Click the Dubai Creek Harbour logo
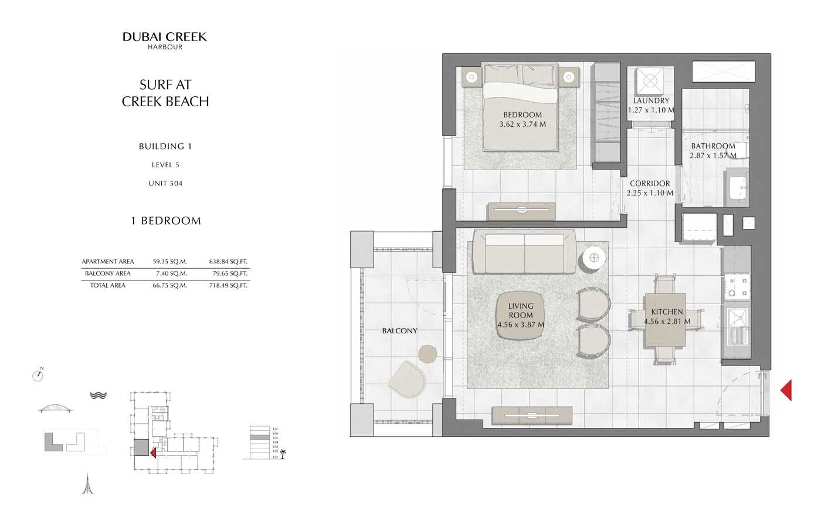tap(165, 40)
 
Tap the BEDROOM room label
tap(522, 114)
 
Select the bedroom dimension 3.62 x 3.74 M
tap(522, 124)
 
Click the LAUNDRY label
tap(650, 100)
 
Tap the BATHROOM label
tap(713, 146)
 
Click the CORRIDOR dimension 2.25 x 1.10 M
tap(650, 192)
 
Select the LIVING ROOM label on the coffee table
tap(521, 310)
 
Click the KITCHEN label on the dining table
tap(667, 312)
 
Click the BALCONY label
tap(399, 331)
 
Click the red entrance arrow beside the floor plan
tap(786, 390)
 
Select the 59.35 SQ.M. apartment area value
tap(169, 262)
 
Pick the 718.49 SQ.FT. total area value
tap(228, 285)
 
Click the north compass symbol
tap(38, 376)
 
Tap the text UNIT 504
tap(165, 184)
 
